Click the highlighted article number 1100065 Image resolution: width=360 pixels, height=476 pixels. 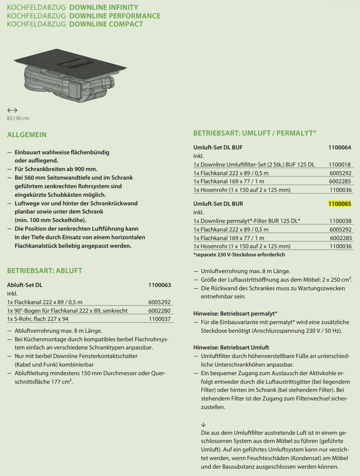(x=340, y=204)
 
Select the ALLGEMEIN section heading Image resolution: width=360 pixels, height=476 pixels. (x=27, y=135)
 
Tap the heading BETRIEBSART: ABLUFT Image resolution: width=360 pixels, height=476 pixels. (x=45, y=271)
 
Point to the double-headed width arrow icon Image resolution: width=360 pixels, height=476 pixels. (x=12, y=110)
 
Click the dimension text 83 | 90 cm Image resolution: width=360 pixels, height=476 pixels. (x=18, y=118)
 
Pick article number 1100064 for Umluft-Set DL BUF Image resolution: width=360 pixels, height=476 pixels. (x=340, y=147)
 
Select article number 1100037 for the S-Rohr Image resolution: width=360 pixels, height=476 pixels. (x=160, y=319)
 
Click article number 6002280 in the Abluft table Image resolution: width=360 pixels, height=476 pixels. (x=160, y=311)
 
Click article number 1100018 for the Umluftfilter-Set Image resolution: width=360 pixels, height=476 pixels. (x=340, y=165)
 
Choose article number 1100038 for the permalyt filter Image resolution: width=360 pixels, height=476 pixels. (x=340, y=221)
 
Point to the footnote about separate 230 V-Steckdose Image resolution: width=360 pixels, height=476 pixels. (x=239, y=254)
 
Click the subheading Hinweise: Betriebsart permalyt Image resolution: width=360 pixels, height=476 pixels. (x=235, y=314)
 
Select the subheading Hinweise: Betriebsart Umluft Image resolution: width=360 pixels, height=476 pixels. (x=231, y=347)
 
